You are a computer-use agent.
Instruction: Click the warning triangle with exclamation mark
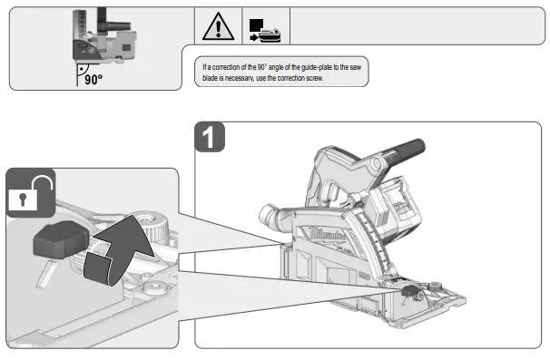218,28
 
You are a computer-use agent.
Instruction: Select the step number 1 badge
211,138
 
